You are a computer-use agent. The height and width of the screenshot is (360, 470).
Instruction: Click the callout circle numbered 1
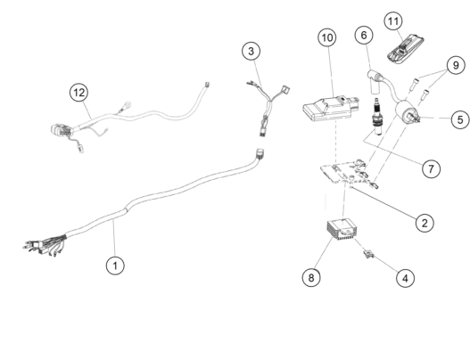click(x=115, y=266)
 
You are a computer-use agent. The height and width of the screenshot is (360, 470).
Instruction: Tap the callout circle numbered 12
click(x=78, y=93)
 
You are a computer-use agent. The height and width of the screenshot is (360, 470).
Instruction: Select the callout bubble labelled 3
click(x=251, y=51)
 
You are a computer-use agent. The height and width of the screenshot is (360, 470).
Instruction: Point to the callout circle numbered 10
click(x=327, y=37)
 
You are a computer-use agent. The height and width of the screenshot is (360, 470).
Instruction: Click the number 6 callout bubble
click(x=364, y=35)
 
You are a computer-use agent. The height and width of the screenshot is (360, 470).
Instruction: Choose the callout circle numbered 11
click(x=393, y=21)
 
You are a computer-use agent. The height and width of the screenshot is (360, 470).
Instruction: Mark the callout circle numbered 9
click(x=456, y=65)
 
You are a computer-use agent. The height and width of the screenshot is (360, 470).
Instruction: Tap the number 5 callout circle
click(x=460, y=119)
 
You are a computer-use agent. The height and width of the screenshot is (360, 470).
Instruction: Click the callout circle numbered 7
click(x=431, y=169)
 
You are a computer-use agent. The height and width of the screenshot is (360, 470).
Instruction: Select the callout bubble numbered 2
click(x=425, y=223)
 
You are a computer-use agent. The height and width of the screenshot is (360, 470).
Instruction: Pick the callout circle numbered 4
click(x=405, y=278)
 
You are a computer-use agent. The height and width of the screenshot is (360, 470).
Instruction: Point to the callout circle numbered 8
click(x=311, y=277)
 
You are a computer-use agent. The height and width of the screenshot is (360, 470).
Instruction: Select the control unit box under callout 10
click(x=330, y=109)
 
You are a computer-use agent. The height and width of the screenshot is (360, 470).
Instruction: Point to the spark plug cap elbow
click(x=375, y=80)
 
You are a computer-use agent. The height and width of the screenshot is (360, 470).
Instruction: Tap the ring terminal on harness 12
click(x=128, y=105)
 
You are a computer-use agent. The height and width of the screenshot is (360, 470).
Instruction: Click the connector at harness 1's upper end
click(x=260, y=153)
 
